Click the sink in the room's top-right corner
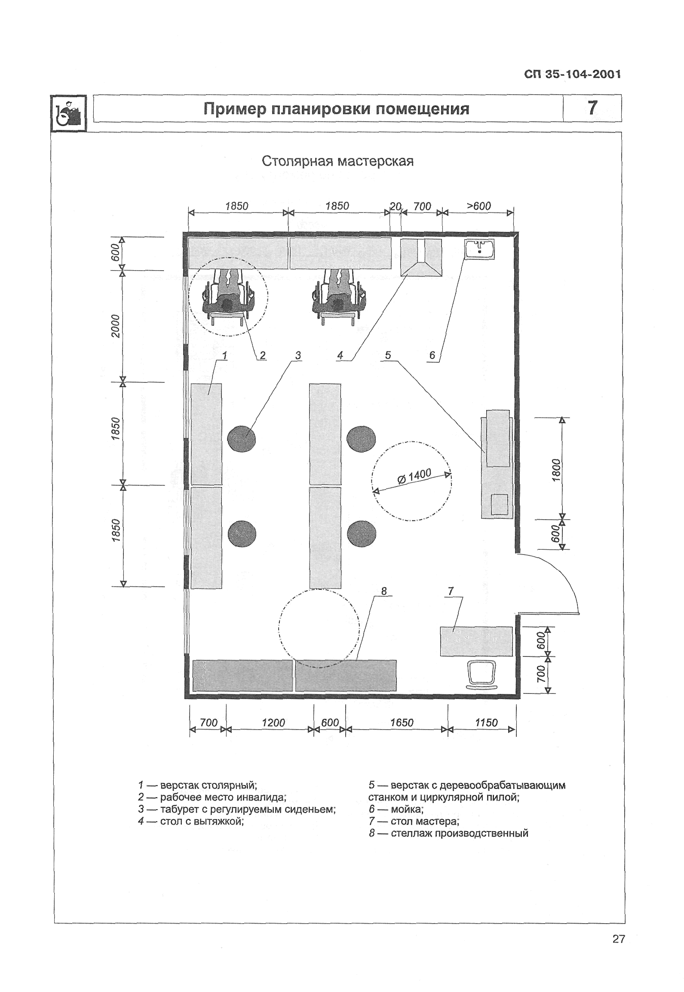[479, 250]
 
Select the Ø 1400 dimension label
[414, 477]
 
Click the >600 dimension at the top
[478, 206]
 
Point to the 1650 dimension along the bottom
[402, 722]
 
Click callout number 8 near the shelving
[384, 592]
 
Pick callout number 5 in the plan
[388, 355]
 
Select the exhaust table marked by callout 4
[421, 257]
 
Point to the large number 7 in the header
[592, 108]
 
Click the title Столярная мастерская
[337, 161]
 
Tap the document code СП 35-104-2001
[572, 74]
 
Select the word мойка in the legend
[407, 809]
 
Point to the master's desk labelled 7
[476, 641]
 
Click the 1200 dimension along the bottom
[273, 722]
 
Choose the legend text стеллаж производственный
[459, 833]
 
